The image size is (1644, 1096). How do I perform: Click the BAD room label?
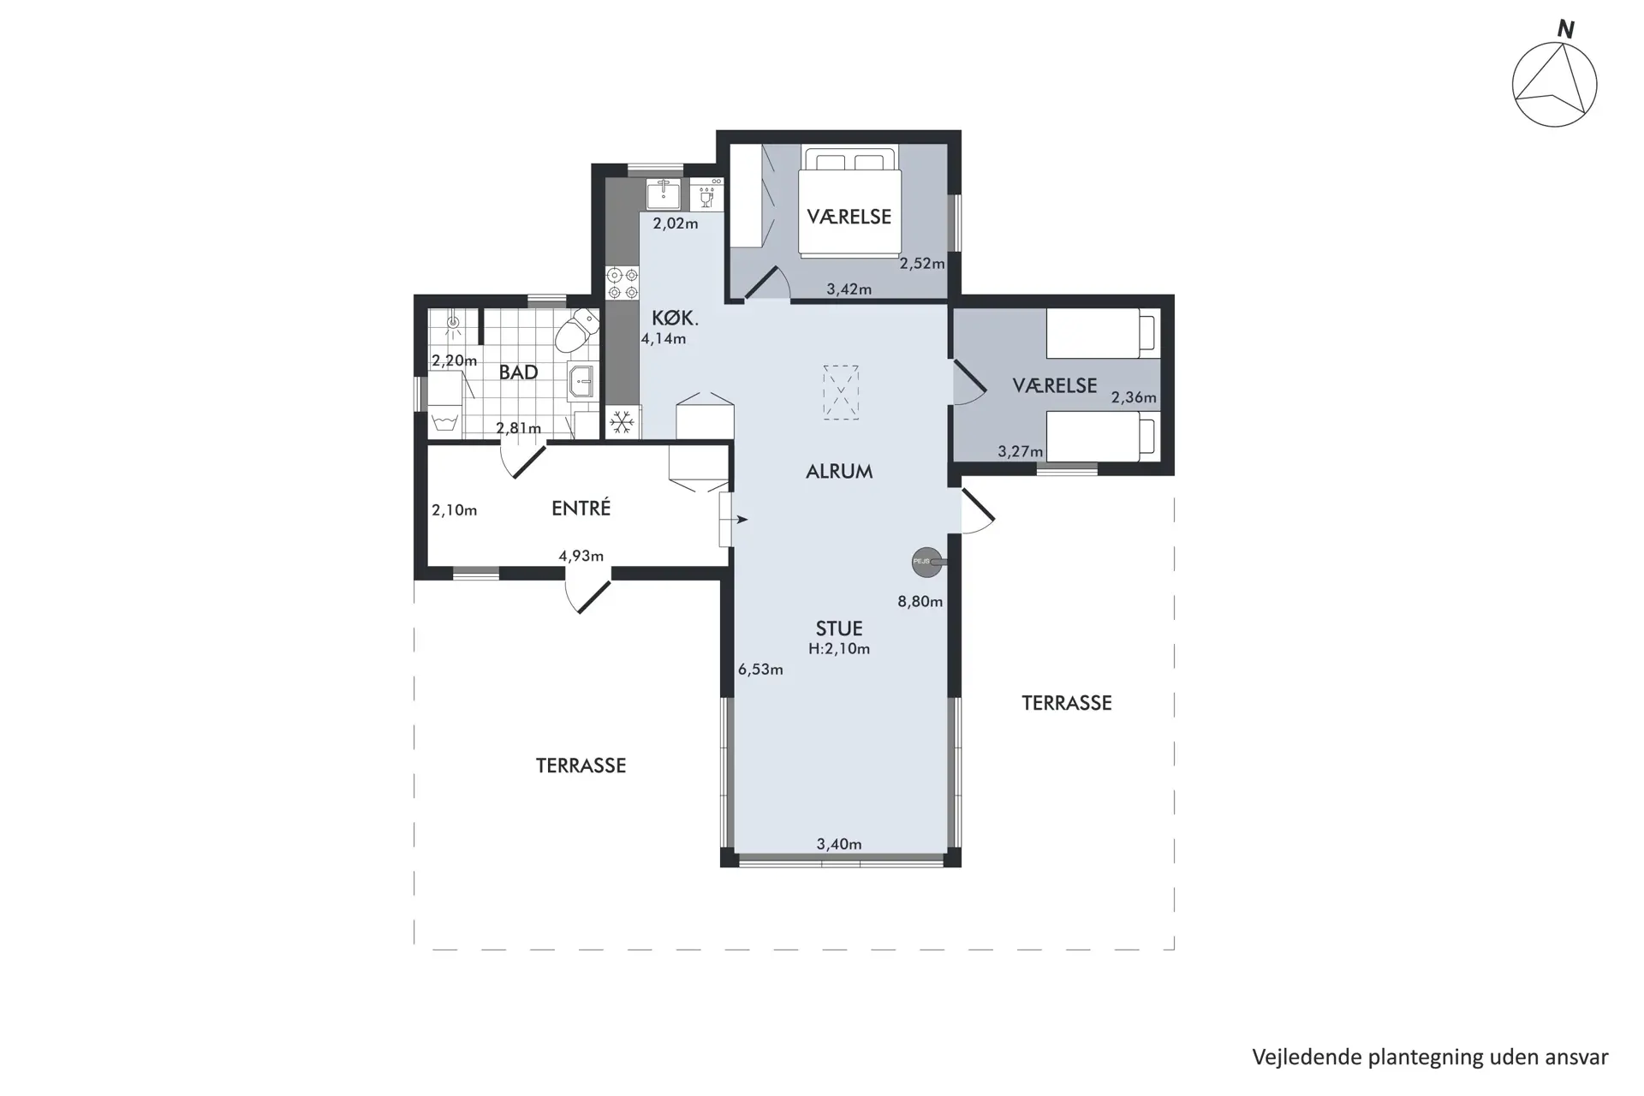[518, 372]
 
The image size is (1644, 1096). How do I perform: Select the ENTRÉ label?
[581, 508]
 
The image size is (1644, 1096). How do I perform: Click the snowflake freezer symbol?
[622, 422]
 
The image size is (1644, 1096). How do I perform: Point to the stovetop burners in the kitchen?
[622, 283]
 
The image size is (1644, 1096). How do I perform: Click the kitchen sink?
[664, 194]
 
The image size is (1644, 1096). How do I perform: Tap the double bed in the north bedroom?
[849, 201]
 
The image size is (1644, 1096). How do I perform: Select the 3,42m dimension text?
[849, 289]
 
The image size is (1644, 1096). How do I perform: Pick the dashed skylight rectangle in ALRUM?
[841, 392]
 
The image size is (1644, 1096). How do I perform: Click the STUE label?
[839, 628]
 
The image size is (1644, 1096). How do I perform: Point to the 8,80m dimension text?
[920, 602]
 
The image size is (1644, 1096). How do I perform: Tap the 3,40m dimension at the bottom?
[839, 844]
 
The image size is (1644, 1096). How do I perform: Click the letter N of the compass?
[1565, 30]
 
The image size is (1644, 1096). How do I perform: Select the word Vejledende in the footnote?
[1307, 1057]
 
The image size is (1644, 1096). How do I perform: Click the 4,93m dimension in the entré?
[581, 557]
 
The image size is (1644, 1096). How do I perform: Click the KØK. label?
[675, 319]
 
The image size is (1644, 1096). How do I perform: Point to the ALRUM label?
[839, 471]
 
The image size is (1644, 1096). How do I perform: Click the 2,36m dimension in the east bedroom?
[1134, 397]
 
